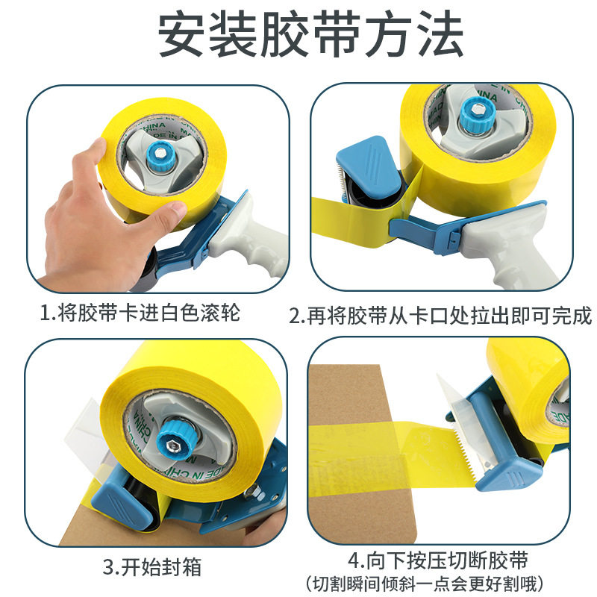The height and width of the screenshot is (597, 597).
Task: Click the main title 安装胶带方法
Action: (310, 34)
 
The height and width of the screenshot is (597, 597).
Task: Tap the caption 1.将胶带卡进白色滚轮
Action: (140, 313)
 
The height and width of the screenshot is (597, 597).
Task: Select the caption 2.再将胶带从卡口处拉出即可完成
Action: (440, 316)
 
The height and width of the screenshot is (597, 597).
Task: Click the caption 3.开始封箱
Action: (152, 567)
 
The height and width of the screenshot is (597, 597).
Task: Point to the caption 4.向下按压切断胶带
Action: (438, 560)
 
